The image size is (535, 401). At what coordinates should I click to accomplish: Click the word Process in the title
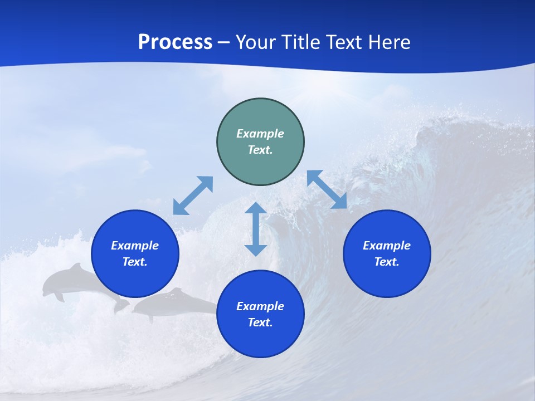(175, 42)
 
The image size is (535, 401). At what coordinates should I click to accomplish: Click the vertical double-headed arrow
(256, 229)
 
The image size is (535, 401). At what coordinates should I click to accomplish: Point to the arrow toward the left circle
(193, 195)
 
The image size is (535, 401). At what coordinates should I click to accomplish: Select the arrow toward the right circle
(327, 189)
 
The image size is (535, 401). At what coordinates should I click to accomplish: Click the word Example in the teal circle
(260, 134)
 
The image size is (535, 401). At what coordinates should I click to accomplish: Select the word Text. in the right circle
(387, 262)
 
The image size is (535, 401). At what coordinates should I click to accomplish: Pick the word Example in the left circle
(135, 246)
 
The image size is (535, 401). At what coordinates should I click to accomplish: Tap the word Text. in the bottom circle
(260, 322)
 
